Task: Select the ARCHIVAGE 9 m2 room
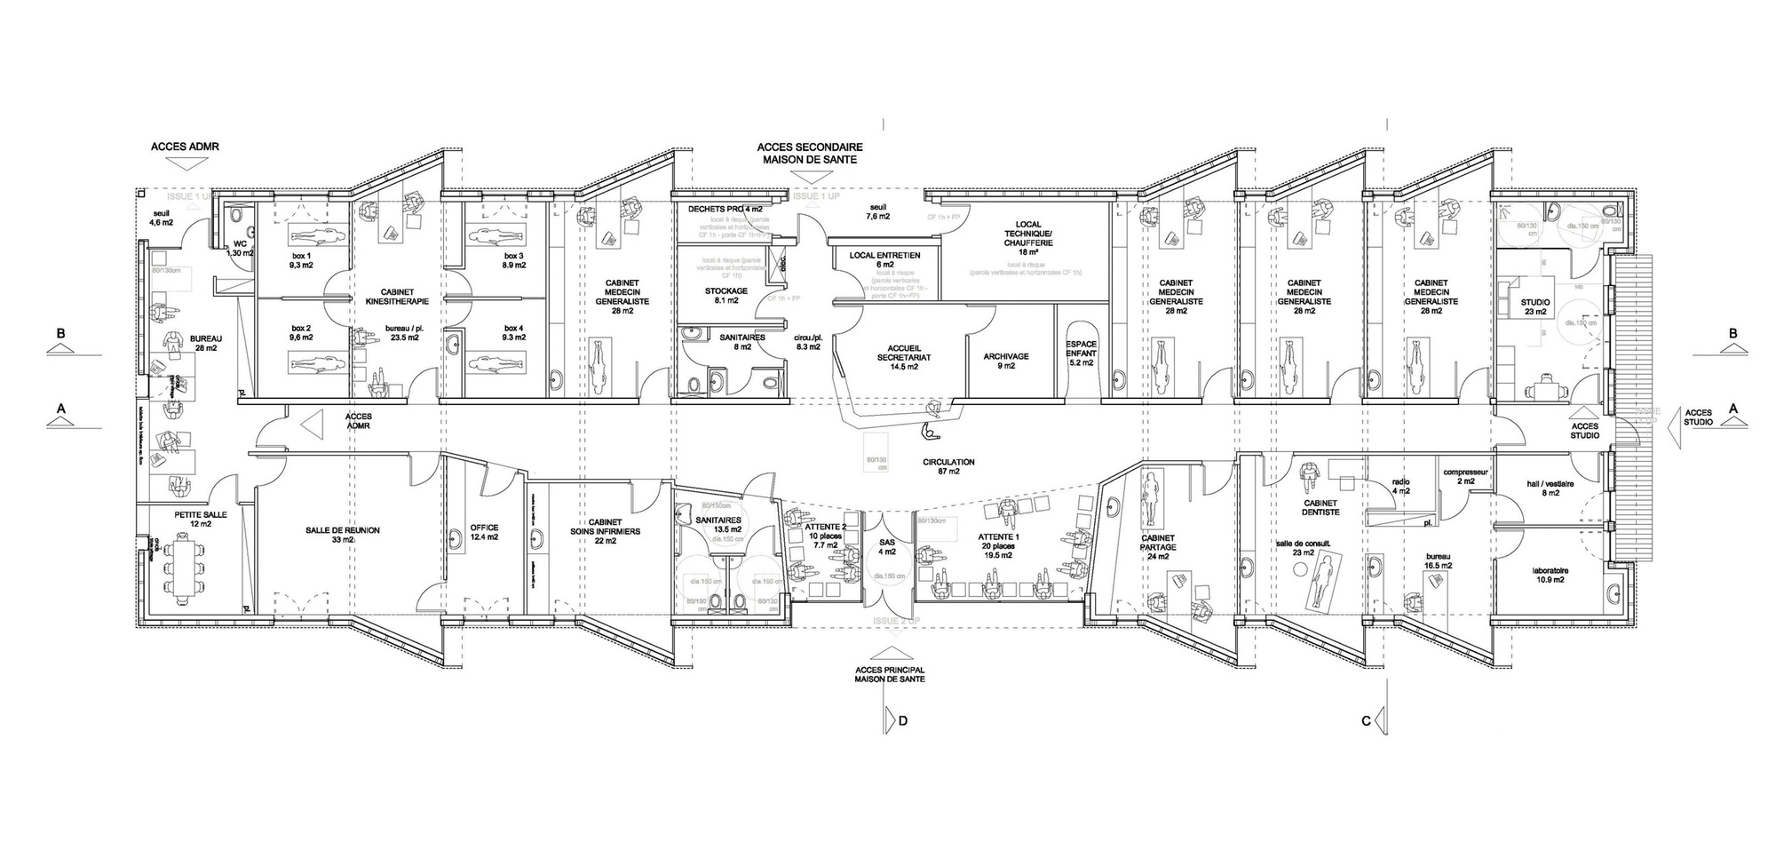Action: coord(1005,361)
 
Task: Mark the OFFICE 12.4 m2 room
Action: coord(485,532)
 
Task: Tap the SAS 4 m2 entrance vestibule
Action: coord(887,546)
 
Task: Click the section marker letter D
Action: coord(903,720)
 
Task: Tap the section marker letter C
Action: coord(1366,720)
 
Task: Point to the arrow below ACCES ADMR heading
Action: coord(185,165)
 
